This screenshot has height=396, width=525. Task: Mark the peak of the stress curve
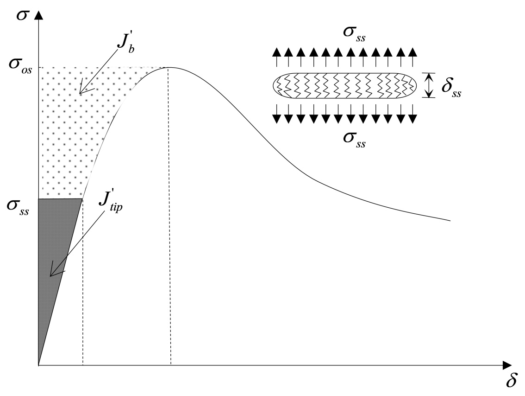coord(169,68)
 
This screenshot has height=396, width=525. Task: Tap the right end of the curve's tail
coord(450,221)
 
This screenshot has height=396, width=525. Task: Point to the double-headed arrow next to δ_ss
coord(429,85)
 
